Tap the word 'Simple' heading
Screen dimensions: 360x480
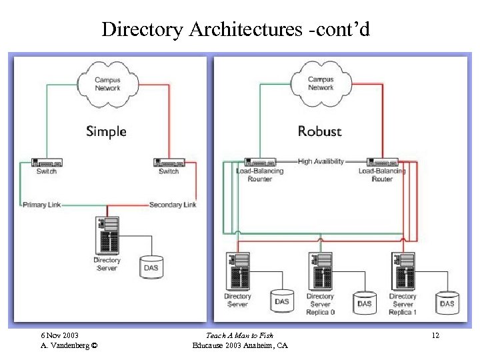(106, 131)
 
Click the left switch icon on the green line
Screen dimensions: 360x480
(47, 162)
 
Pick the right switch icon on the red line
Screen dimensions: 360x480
(169, 162)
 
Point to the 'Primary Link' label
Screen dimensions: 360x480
(41, 205)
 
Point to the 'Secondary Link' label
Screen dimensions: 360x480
(173, 205)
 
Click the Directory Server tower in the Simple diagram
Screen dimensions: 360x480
(107, 235)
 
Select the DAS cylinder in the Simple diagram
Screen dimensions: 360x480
(151, 267)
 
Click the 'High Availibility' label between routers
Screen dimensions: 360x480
(321, 161)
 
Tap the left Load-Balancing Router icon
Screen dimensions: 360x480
(259, 162)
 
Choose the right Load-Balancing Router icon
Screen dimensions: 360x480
(382, 162)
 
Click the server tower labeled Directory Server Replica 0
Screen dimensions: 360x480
(321, 271)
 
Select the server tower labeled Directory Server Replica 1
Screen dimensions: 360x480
(403, 271)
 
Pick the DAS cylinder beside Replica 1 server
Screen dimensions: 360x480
(447, 303)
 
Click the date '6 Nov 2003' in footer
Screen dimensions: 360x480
(59, 335)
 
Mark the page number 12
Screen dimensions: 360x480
(435, 335)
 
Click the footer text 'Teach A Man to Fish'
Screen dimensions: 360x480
(239, 335)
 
